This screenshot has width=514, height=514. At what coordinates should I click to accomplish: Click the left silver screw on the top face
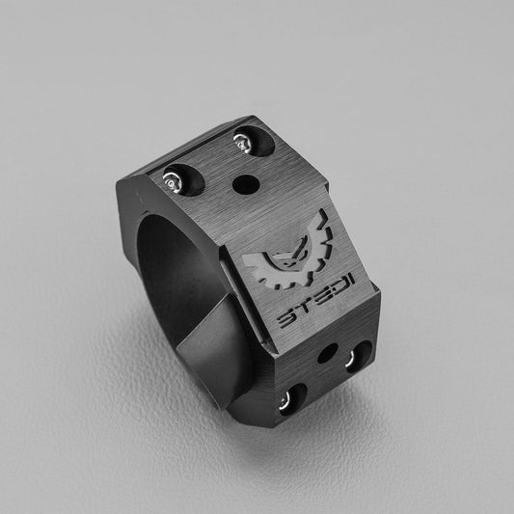(x=173, y=178)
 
